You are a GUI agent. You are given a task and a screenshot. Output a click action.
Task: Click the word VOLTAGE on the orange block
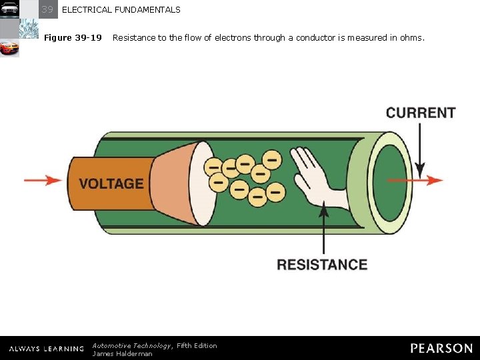[x=111, y=183]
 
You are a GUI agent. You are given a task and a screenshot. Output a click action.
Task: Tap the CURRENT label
[x=421, y=113]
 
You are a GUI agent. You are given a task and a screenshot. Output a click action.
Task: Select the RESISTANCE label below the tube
[x=322, y=265]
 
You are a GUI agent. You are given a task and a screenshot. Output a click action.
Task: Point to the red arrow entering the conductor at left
[x=43, y=180]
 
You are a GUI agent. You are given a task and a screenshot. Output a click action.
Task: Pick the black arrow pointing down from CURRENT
[x=420, y=150]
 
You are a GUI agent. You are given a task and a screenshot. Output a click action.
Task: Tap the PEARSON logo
[x=441, y=348]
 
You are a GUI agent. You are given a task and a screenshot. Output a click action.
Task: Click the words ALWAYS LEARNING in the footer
[x=47, y=349]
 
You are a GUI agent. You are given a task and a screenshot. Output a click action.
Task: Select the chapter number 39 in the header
[x=47, y=9]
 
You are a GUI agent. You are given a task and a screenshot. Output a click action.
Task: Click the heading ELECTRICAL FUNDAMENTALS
[x=121, y=10]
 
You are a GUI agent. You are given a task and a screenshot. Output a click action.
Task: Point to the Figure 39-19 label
[x=73, y=37]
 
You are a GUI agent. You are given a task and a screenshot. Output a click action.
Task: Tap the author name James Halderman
[x=122, y=353]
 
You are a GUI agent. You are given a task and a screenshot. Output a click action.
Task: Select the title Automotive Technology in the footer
[x=131, y=345]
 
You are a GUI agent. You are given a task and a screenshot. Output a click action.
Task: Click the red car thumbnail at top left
[x=9, y=48]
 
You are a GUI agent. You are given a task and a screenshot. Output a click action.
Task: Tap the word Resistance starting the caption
[x=133, y=37]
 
